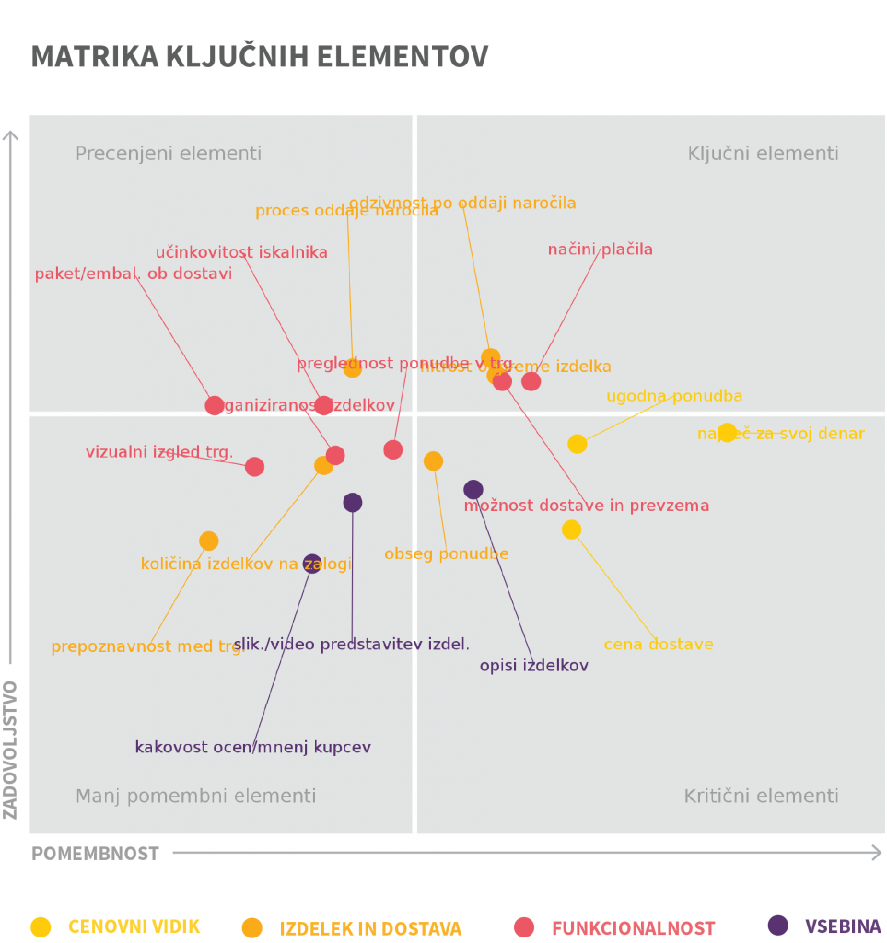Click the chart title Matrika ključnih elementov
[259, 56]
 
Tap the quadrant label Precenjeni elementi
[169, 154]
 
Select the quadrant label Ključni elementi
[763, 154]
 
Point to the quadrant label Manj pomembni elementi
[195, 796]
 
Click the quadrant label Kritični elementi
[761, 796]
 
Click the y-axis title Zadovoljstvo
[11, 749]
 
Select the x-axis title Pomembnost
[95, 854]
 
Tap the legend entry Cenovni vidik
[134, 926]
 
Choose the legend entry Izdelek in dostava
[370, 928]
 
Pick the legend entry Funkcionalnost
[633, 928]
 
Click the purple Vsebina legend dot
[778, 926]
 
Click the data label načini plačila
[600, 250]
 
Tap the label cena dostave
[659, 645]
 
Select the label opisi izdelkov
[533, 666]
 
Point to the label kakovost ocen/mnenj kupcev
[252, 748]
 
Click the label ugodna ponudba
[674, 397]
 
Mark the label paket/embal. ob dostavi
[134, 274]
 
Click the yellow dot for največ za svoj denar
[728, 432]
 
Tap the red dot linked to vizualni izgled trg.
[255, 467]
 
